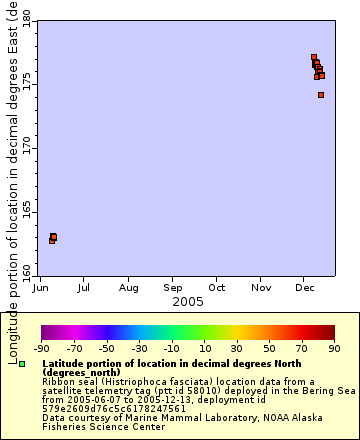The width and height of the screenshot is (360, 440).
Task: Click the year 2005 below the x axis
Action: click(188, 301)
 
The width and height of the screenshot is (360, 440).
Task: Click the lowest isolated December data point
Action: click(321, 95)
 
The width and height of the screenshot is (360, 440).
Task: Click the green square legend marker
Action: click(22, 364)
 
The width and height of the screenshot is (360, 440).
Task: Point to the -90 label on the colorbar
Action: click(41, 349)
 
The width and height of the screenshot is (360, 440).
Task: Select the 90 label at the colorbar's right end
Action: click(334, 349)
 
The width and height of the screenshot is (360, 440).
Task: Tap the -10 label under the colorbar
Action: click(171, 349)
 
